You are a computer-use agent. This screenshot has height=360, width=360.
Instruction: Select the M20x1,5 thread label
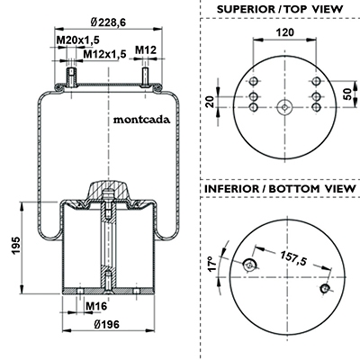78,40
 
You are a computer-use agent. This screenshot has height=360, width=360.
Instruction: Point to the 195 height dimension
16,246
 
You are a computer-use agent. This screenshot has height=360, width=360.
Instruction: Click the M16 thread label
96,306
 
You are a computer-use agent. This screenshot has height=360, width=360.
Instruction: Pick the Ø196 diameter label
106,324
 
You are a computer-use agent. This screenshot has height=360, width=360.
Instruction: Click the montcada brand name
141,120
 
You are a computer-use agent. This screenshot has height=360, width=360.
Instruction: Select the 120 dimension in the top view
285,32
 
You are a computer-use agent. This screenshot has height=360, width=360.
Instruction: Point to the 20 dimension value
210,102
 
